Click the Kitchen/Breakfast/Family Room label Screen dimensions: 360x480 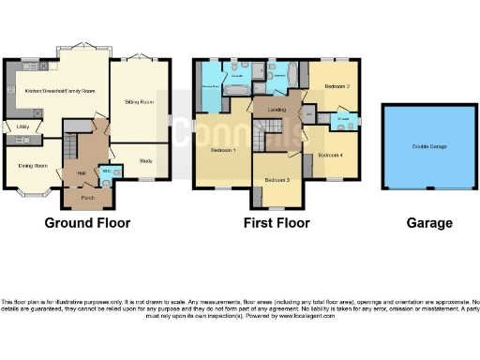[x=60, y=91]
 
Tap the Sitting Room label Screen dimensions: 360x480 [x=140, y=100]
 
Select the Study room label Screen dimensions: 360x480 [x=145, y=161]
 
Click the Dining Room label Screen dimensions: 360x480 [x=34, y=165]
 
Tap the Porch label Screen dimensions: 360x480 [x=87, y=198]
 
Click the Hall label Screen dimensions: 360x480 [x=82, y=172]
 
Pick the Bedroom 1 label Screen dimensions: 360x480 [x=222, y=150]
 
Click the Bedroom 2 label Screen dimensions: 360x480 [x=337, y=86]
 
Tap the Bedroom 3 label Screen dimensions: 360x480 [x=277, y=179]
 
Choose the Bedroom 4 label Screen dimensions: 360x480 [x=330, y=154]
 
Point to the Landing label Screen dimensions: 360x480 [x=277, y=110]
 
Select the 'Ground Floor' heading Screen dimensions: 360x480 [x=87, y=223]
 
